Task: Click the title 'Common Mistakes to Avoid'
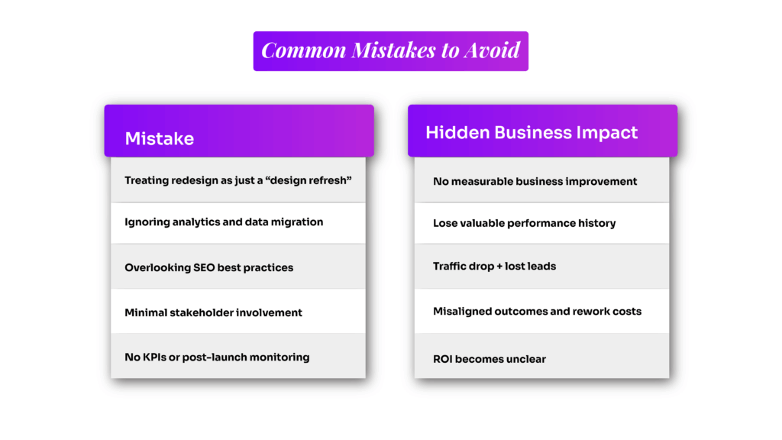coord(390,50)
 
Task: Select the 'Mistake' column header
coord(159,138)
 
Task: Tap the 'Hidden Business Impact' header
coord(532,132)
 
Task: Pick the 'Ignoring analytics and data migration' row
coord(224,222)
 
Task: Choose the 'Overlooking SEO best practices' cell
coord(208,267)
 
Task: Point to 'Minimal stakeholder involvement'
coord(213,312)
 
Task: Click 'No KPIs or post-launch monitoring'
coord(217,357)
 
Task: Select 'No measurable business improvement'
coord(535,181)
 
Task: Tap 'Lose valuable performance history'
coord(524,223)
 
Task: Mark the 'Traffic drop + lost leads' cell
coord(494,267)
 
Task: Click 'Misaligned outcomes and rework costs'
coord(537,312)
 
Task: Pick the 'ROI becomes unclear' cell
coord(490,359)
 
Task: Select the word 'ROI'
coord(444,359)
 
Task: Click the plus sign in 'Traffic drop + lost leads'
coord(497,267)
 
